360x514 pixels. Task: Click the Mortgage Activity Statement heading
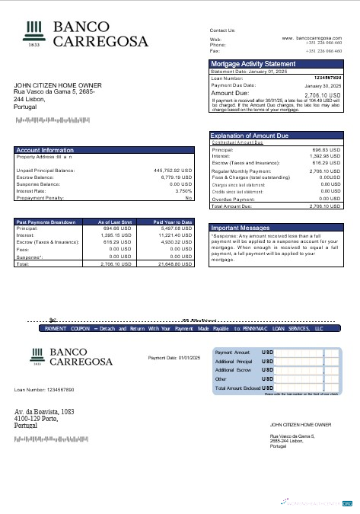tap(253, 64)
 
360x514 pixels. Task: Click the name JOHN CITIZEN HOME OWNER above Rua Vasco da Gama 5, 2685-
tap(57, 85)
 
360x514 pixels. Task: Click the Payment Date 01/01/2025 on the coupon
tap(174, 357)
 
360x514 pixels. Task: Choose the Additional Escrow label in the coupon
tap(234, 369)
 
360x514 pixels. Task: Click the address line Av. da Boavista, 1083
tap(44, 411)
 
